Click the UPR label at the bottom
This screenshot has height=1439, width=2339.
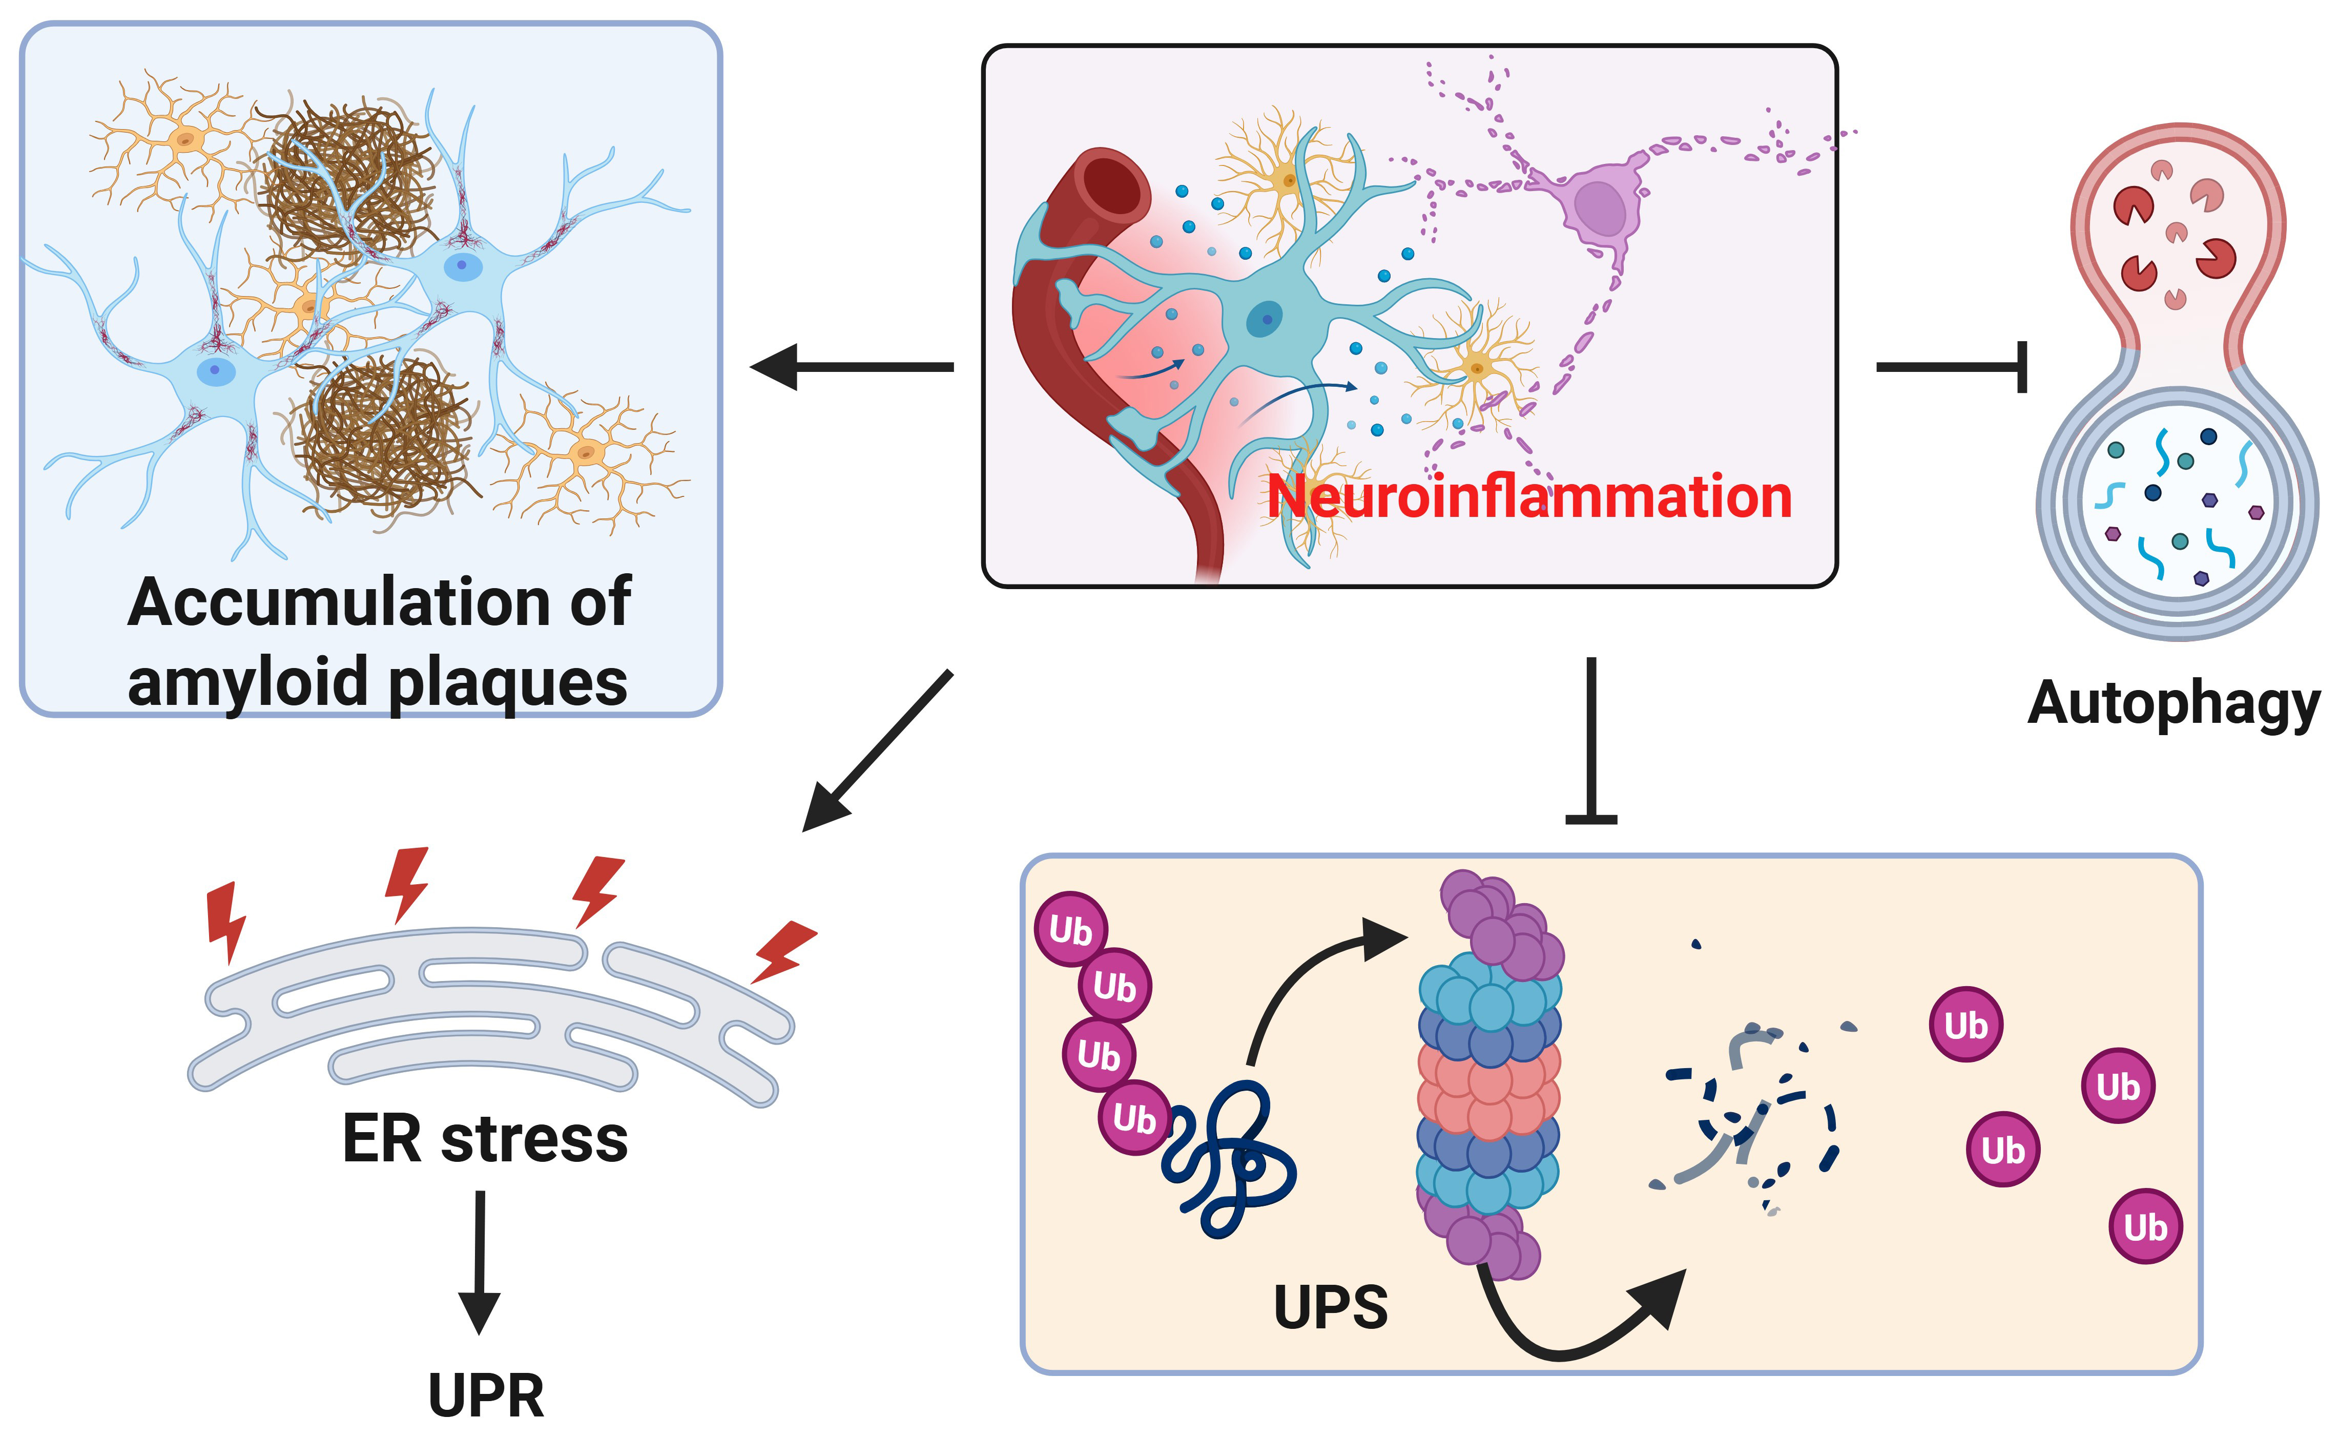tap(486, 1395)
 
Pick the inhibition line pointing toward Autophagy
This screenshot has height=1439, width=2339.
tap(1951, 366)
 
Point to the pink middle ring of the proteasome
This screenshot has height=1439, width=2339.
tap(1489, 1085)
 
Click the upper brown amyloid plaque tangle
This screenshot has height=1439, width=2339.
tap(347, 181)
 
